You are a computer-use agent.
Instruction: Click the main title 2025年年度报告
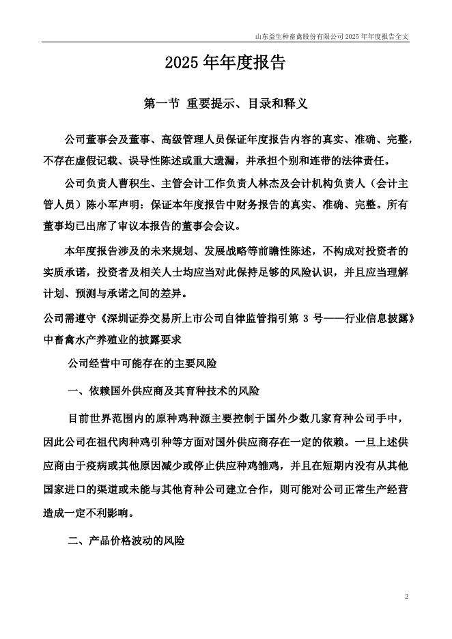point(225,64)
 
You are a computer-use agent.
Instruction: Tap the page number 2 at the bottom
point(406,597)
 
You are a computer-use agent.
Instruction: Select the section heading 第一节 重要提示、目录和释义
point(226,104)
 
